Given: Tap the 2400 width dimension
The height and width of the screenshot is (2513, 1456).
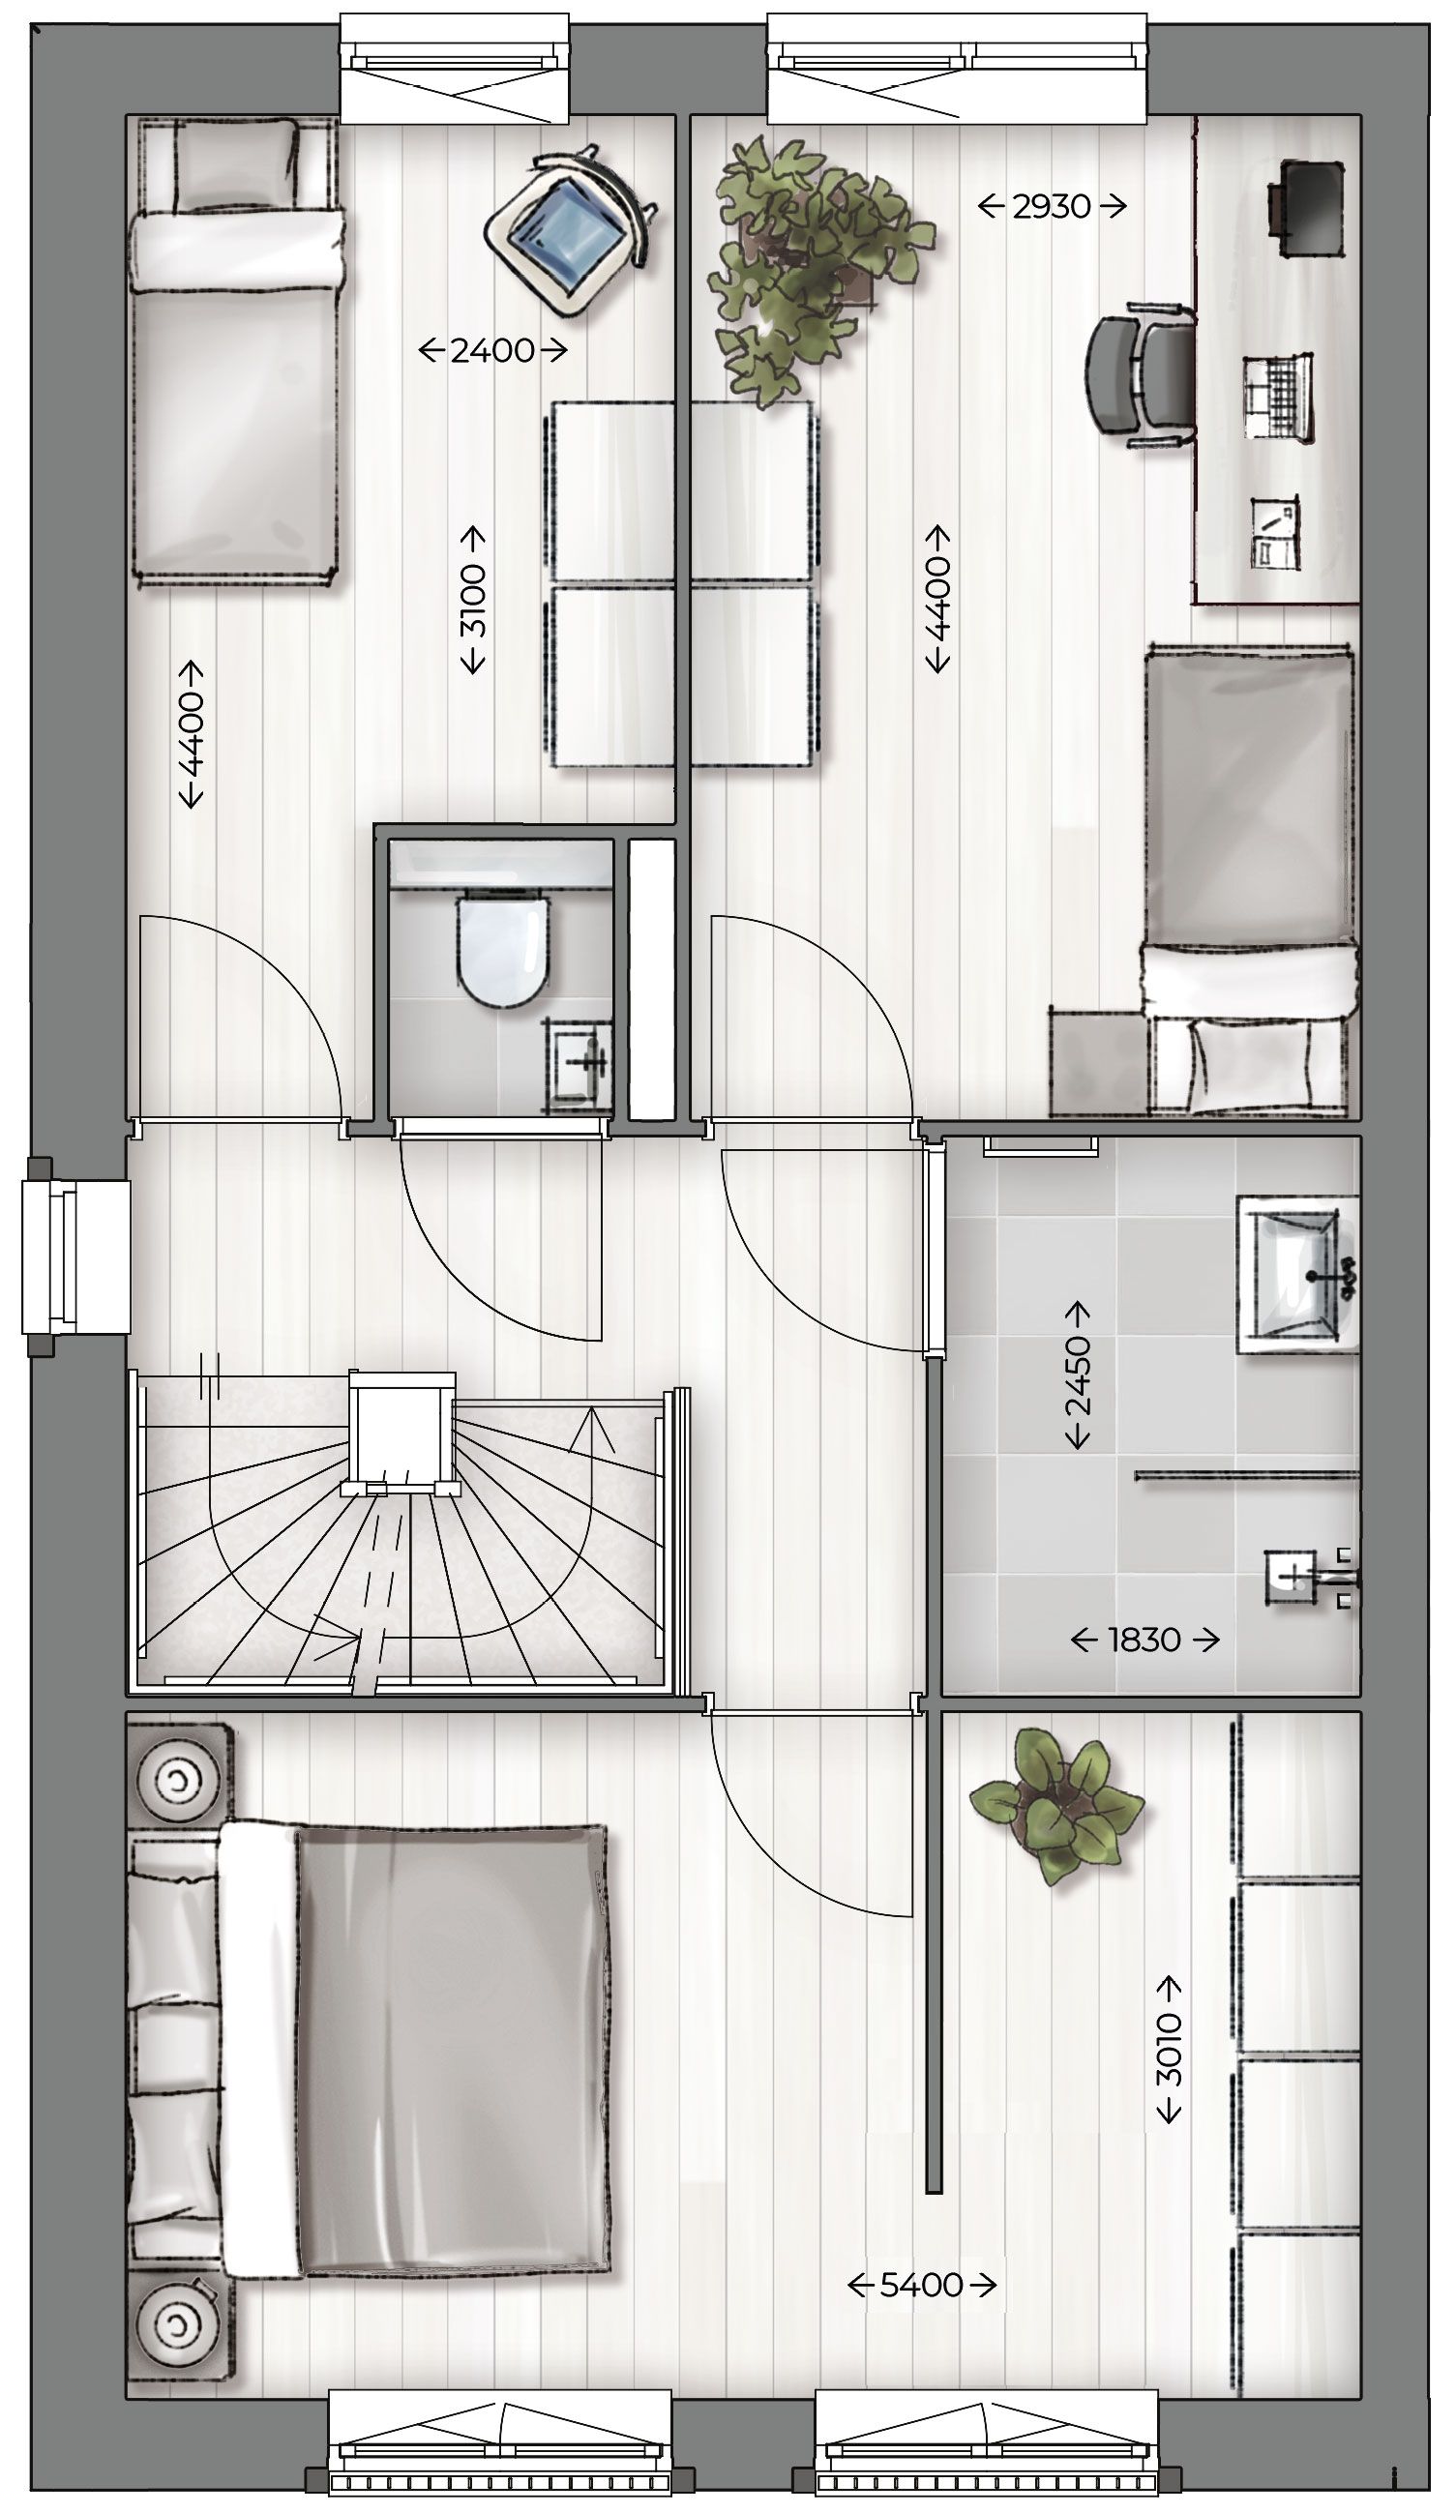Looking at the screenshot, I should click(492, 350).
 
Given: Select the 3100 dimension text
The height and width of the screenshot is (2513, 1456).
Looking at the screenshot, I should click(473, 601).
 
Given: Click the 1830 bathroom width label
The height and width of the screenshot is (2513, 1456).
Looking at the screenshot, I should click(1144, 1640).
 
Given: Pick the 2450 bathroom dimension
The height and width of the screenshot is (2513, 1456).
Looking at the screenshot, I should click(1078, 1375).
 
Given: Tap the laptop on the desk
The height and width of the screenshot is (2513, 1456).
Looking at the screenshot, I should click(1277, 398).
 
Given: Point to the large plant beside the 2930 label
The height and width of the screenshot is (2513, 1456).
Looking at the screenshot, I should click(808, 269).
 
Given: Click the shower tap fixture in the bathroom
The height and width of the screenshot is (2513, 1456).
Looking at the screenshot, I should click(1301, 1576).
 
